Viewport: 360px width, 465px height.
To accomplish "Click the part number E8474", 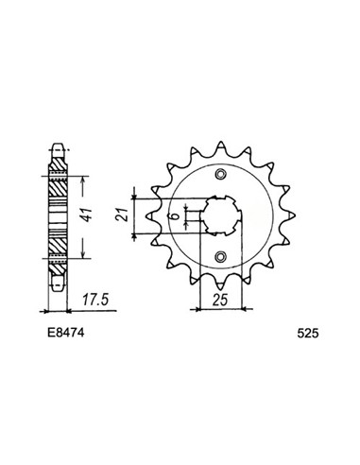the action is pyautogui.click(x=66, y=333).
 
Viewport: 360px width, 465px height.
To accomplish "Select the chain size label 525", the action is pyautogui.click(x=308, y=334).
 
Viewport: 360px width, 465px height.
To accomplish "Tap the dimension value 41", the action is pyautogui.click(x=87, y=215).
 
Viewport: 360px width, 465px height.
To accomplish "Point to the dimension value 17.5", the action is pyautogui.click(x=95, y=300).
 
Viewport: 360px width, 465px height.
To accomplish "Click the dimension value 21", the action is pyautogui.click(x=122, y=215).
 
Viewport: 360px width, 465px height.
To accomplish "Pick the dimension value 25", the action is pyautogui.click(x=219, y=300).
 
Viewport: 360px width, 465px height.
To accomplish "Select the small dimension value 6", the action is pyautogui.click(x=177, y=216).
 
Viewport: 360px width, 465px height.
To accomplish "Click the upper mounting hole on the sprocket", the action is pyautogui.click(x=220, y=174).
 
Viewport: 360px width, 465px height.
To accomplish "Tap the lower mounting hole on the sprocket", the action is pyautogui.click(x=220, y=257).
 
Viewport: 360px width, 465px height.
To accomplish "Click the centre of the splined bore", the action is pyautogui.click(x=220, y=215).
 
